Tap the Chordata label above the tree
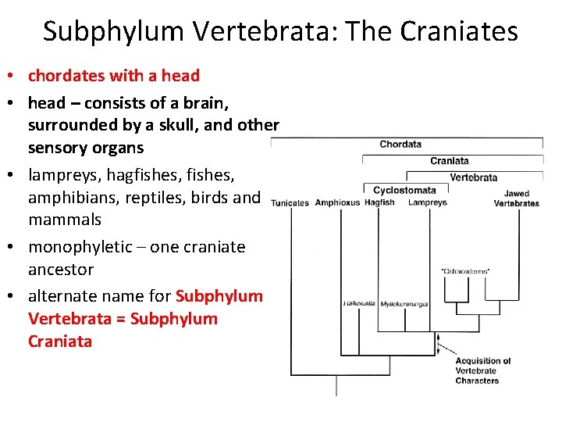coord(400,144)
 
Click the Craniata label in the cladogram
coord(450,161)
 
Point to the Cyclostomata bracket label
coord(404,190)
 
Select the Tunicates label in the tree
coord(290,203)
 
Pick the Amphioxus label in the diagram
coord(337,203)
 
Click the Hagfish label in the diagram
coord(379,202)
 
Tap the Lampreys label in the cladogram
coord(428,202)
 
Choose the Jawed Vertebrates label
coord(516,198)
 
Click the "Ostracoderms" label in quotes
coord(465,271)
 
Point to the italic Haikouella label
coord(360,303)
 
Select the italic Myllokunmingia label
coord(404,303)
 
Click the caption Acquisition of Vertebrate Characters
coord(482,370)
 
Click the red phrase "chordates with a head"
coord(114,76)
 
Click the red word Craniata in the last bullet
coord(60,342)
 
